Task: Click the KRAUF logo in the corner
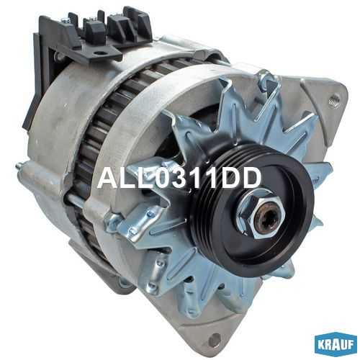[336, 345]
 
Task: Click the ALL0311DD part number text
[179, 178]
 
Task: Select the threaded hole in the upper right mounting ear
[334, 99]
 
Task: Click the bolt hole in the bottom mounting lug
[215, 339]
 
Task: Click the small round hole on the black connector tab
[98, 53]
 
